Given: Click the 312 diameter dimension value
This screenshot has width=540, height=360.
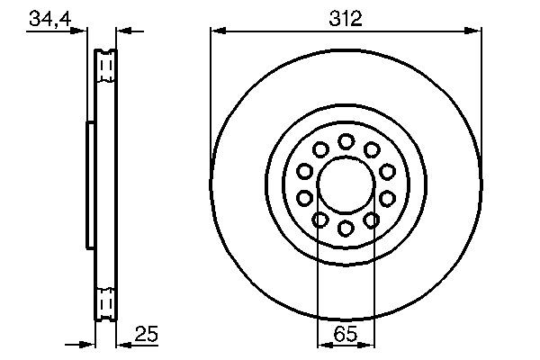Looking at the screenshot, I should click(x=346, y=19).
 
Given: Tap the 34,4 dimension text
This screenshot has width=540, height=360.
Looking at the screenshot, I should click(x=49, y=19).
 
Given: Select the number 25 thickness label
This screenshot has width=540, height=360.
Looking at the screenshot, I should click(x=146, y=335).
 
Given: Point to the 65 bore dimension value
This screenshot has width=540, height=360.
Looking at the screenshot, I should click(x=346, y=335).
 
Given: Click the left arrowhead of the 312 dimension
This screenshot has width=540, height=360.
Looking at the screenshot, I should click(x=216, y=32).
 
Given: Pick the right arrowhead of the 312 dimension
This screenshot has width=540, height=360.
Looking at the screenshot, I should click(x=474, y=32).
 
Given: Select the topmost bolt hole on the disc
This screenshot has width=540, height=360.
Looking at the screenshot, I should click(x=346, y=141).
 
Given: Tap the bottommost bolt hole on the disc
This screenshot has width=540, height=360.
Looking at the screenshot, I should click(x=346, y=228).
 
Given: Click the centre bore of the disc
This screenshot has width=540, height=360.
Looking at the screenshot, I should click(x=346, y=184).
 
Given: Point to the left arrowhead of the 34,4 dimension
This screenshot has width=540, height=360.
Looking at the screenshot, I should click(x=82, y=32).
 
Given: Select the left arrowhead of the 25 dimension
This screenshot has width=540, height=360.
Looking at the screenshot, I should click(x=89, y=344).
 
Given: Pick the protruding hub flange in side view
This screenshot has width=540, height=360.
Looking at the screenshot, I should click(x=89, y=184).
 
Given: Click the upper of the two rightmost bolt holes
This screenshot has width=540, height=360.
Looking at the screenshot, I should click(x=387, y=171).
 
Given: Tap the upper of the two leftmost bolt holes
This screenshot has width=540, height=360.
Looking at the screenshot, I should click(x=304, y=171).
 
